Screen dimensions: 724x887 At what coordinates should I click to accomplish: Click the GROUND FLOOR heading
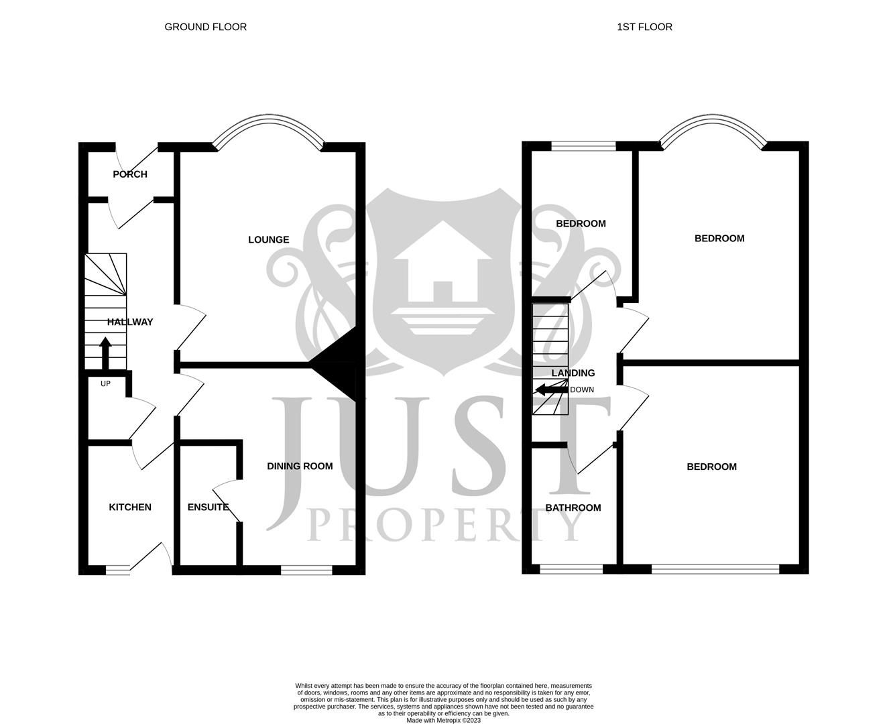point(205,27)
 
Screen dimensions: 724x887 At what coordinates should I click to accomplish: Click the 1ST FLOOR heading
point(644,27)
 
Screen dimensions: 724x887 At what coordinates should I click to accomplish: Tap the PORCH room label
point(130,174)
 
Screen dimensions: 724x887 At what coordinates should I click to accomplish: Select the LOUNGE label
point(268,239)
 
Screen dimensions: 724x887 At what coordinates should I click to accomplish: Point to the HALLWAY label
point(130,322)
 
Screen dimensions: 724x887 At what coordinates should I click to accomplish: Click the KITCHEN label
point(130,507)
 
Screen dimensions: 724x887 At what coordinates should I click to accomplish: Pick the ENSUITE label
point(208,507)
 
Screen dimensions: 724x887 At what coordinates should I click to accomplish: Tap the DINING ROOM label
point(300,466)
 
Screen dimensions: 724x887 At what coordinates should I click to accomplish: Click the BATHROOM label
point(573,507)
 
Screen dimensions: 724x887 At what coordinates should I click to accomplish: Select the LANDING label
point(573,373)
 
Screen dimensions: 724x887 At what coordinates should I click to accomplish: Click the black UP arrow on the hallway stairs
point(105,353)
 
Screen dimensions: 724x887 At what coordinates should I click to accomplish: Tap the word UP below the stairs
point(105,383)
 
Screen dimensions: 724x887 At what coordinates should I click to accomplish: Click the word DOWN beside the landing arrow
point(582,389)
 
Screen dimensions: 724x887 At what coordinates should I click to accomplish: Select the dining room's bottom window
point(306,570)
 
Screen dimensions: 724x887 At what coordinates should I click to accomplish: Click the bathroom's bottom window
point(571,570)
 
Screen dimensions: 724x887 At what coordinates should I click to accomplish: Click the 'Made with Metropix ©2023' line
point(443,720)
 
